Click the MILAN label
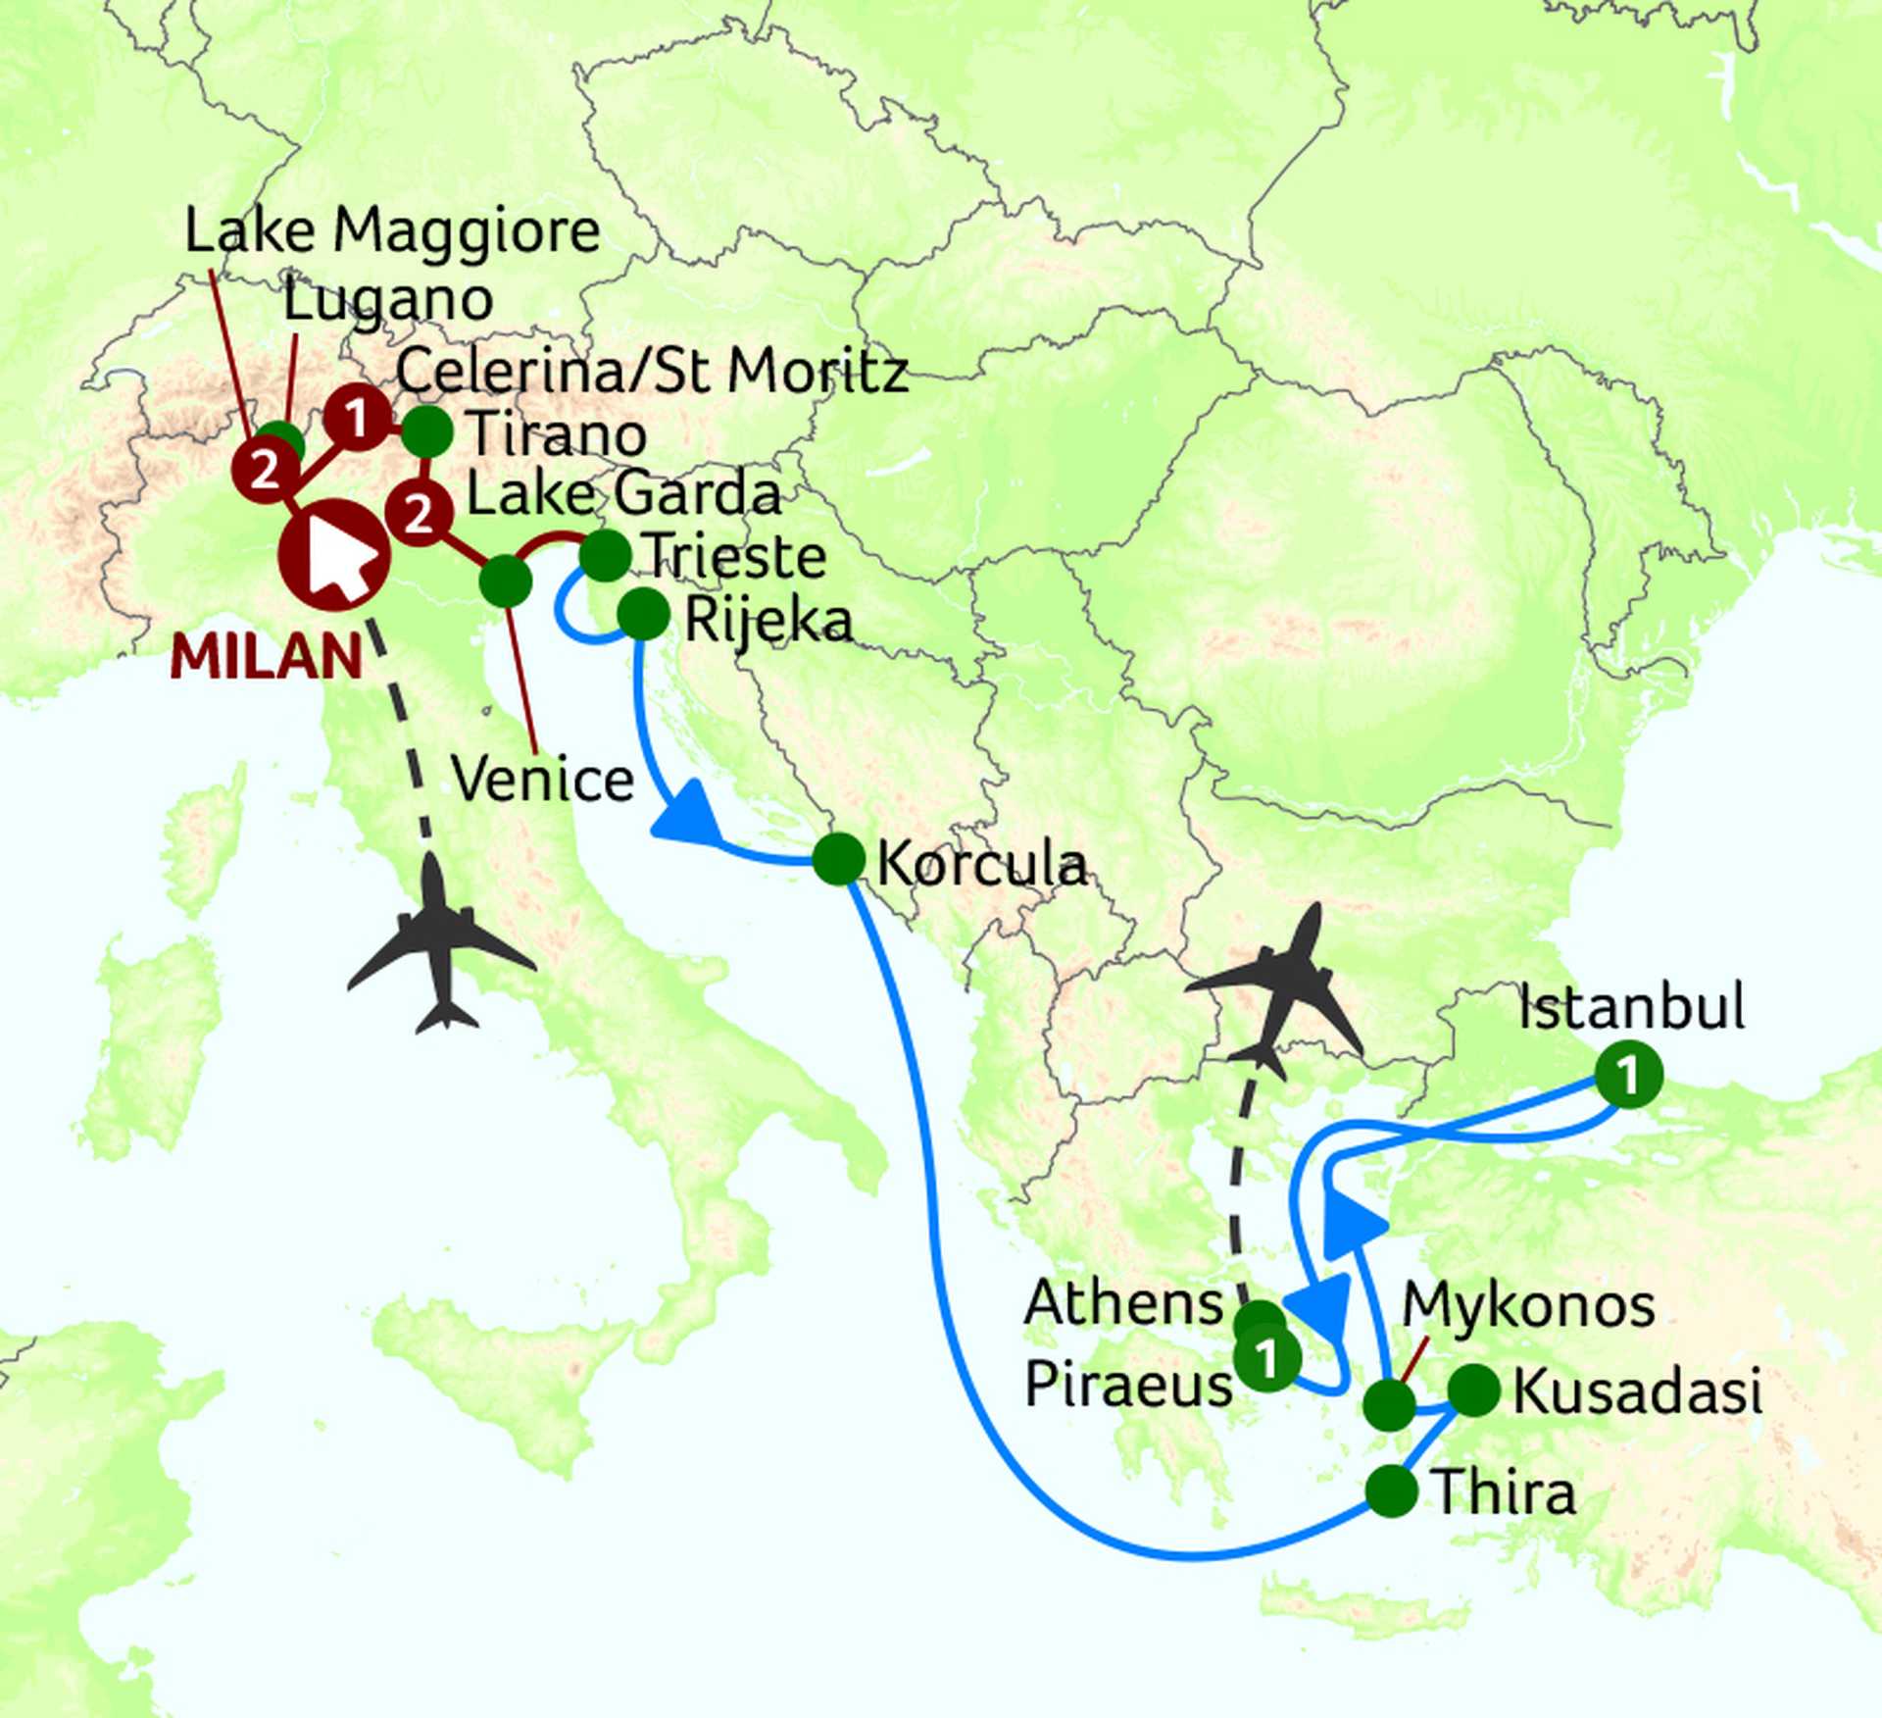(266, 656)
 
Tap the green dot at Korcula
(839, 859)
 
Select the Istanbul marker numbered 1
(1628, 1075)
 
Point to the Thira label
(1505, 1492)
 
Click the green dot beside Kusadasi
(1473, 1390)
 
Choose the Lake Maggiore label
(392, 231)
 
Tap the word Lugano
(388, 300)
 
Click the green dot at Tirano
(427, 431)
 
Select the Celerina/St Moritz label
(652, 372)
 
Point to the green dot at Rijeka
(644, 615)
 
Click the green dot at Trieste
(605, 556)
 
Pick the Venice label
(543, 780)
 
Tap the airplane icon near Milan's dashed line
(440, 946)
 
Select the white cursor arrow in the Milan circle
(339, 557)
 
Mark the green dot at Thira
(1391, 1491)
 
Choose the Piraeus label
(1127, 1385)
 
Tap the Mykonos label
(1528, 1306)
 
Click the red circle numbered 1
(357, 419)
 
